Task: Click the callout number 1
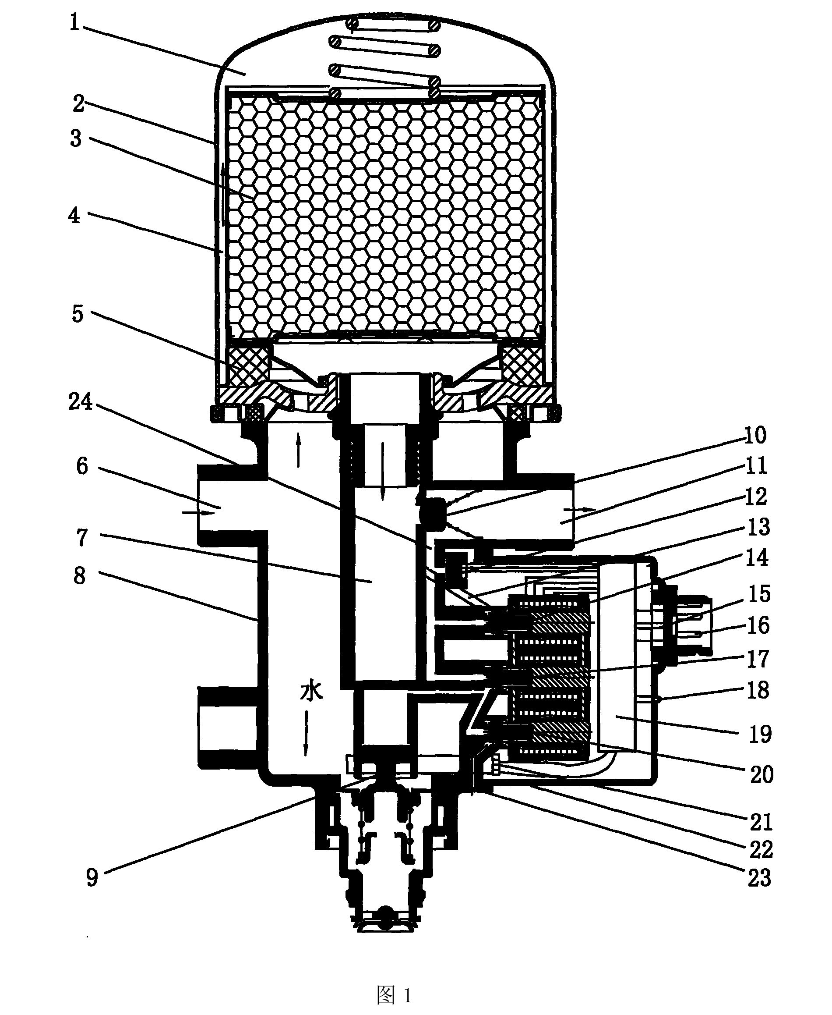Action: click(x=74, y=22)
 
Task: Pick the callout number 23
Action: click(x=760, y=878)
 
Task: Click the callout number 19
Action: click(x=761, y=734)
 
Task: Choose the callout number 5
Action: click(x=78, y=314)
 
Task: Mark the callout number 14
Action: click(x=757, y=557)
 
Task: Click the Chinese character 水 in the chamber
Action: click(x=311, y=691)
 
